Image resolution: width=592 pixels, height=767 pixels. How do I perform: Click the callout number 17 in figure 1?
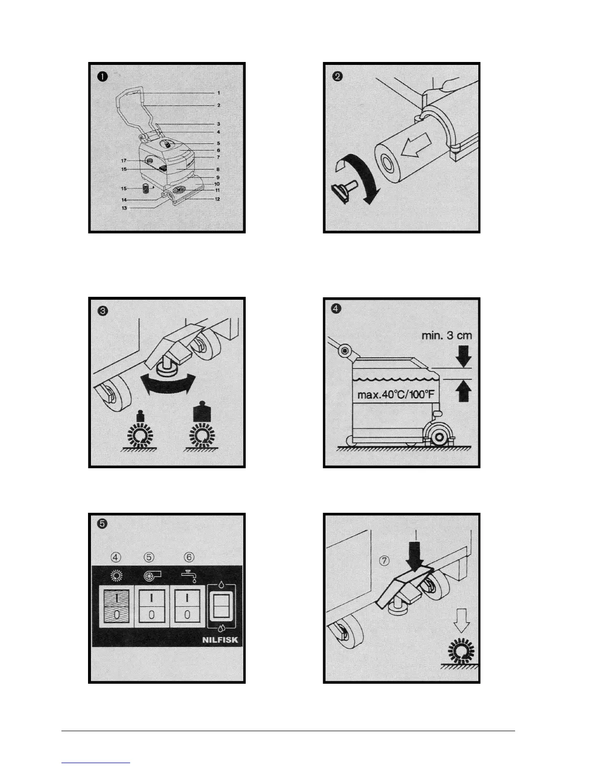click(123, 160)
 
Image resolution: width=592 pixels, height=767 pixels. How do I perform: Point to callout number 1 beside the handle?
click(219, 92)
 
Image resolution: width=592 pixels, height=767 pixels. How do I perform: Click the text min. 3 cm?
click(446, 336)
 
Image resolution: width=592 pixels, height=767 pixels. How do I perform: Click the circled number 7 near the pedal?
click(385, 561)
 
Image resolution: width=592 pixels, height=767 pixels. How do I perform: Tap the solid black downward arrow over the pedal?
click(414, 558)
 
